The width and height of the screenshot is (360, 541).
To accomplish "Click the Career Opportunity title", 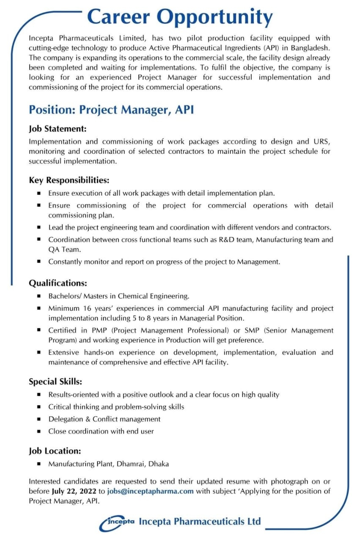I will tap(180, 18).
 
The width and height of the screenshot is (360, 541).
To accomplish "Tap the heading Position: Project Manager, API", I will tap(111, 110).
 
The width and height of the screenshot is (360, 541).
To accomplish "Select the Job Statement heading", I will tap(58, 128).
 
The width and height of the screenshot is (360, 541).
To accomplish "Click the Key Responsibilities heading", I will tap(69, 180).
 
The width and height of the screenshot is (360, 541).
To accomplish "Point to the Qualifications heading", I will tap(58, 283).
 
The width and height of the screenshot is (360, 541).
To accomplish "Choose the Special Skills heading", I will tap(55, 382).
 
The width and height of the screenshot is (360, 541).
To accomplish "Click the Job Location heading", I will tap(55, 451).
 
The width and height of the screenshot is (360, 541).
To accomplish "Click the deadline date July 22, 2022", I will tap(74, 491).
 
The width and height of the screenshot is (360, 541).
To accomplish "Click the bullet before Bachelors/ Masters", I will tap(39, 296).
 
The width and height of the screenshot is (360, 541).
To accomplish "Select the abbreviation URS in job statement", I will tap(322, 142).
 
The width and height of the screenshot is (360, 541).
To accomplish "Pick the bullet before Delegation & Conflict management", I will tap(39, 419).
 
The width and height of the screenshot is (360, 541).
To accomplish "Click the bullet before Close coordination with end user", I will tap(39, 432).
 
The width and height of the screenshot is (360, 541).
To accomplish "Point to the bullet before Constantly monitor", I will tap(39, 262).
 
